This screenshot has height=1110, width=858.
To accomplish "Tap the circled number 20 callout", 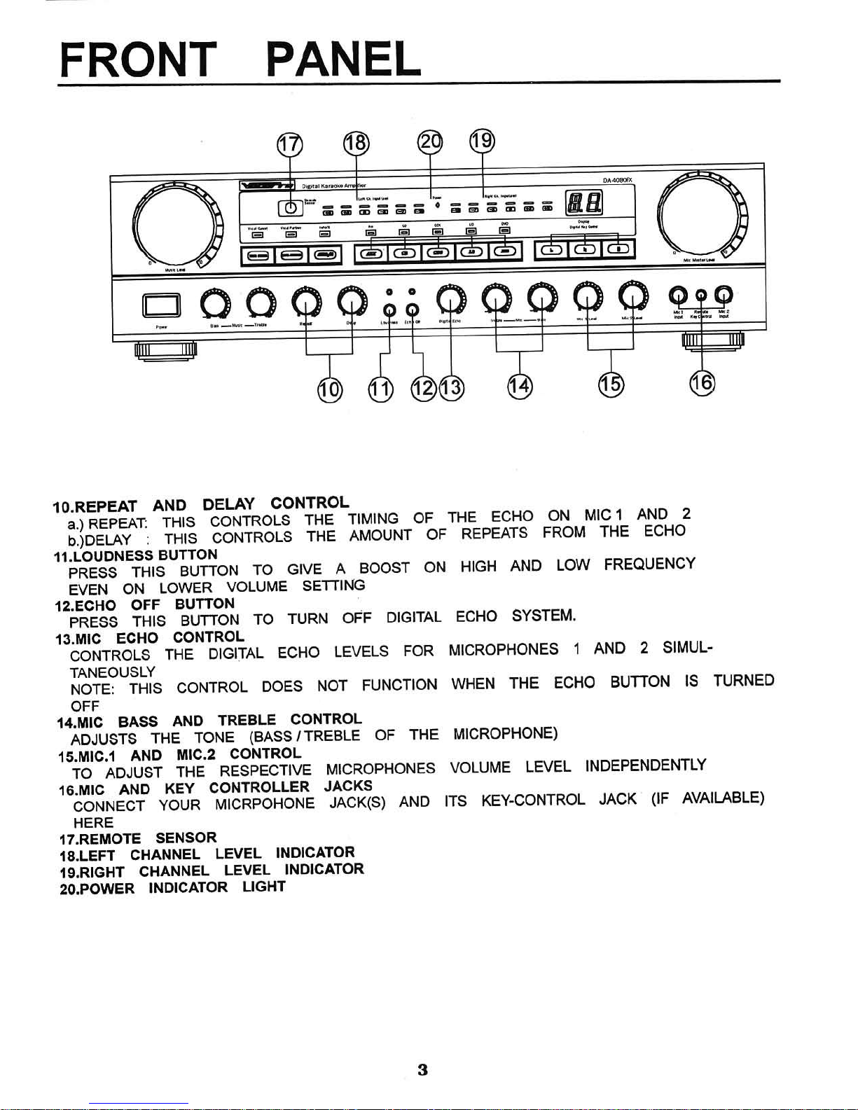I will pyautogui.click(x=430, y=141).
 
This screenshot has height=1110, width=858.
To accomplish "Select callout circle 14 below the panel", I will pyautogui.click(x=520, y=386).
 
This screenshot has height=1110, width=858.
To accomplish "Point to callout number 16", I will pyautogui.click(x=702, y=382).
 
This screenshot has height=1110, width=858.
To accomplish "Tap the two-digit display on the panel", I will pyautogui.click(x=583, y=204).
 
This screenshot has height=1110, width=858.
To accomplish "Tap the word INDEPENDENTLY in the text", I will pyautogui.click(x=646, y=765).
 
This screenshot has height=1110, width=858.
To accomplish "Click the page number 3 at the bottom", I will pyautogui.click(x=422, y=1070).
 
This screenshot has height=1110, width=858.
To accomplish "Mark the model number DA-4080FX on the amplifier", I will pyautogui.click(x=617, y=180).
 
